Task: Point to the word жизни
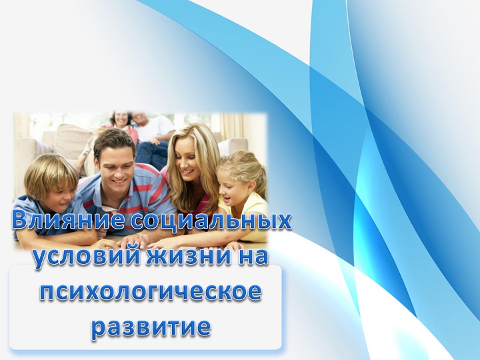tap(181, 257)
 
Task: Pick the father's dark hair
tap(113, 139)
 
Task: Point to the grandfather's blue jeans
tap(151, 153)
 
